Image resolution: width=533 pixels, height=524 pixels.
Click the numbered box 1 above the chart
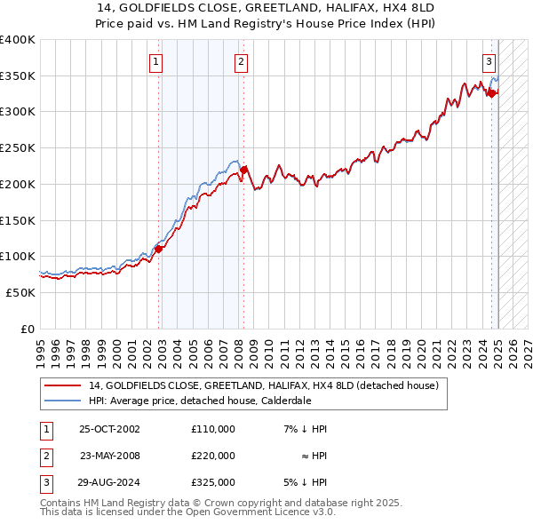click(155, 61)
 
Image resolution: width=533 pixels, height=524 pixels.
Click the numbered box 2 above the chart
click(241, 61)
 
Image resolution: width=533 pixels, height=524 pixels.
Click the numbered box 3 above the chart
click(489, 61)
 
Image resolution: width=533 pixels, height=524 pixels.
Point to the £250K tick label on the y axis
click(17, 148)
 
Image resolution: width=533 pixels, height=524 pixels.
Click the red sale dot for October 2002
click(159, 250)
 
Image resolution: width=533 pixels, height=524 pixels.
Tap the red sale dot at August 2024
click(491, 93)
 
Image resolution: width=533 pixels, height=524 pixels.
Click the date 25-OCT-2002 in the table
click(109, 429)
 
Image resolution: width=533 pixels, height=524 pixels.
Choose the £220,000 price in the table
click(213, 456)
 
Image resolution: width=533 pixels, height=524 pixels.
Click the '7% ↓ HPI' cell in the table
click(306, 429)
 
